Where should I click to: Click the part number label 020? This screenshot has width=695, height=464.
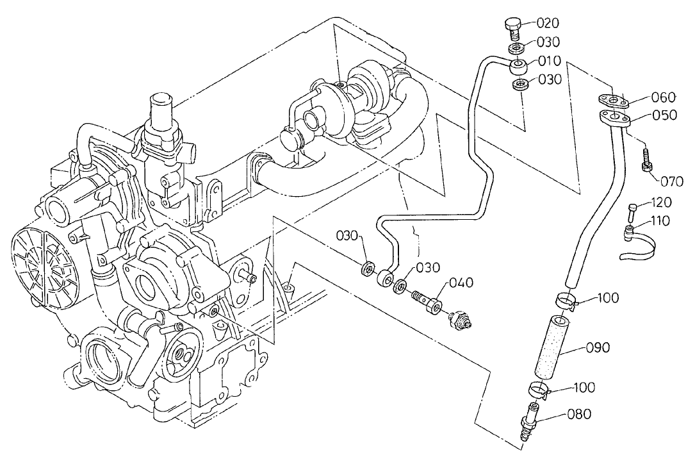(x=548, y=23)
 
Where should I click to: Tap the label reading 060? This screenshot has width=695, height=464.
(x=663, y=97)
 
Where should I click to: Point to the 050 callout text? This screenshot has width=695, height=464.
(x=664, y=116)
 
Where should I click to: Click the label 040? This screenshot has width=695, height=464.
(x=461, y=283)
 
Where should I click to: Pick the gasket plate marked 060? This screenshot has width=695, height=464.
(x=613, y=99)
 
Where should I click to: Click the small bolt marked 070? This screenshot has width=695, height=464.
(x=646, y=161)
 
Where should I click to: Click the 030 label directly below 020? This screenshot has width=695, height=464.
(x=548, y=42)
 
